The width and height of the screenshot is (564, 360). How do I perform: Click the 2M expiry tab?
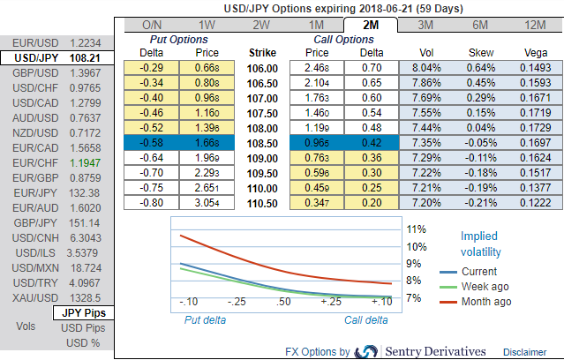coord(370,26)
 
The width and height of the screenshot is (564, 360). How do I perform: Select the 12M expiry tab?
coord(533,26)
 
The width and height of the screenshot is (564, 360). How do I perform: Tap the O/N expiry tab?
coord(152,26)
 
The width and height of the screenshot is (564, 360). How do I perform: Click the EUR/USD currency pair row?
coord(56,41)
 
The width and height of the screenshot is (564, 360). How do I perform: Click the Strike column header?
coord(263,53)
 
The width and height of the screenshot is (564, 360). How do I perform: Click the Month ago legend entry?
coord(485,302)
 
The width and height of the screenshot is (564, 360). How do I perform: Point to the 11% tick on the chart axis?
coord(416,229)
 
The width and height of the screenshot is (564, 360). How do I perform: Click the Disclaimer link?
coord(524,352)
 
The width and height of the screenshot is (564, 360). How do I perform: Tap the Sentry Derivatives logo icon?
coord(365,351)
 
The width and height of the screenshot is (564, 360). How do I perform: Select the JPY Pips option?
coord(83,312)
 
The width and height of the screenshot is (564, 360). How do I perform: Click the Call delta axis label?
coord(365,319)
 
